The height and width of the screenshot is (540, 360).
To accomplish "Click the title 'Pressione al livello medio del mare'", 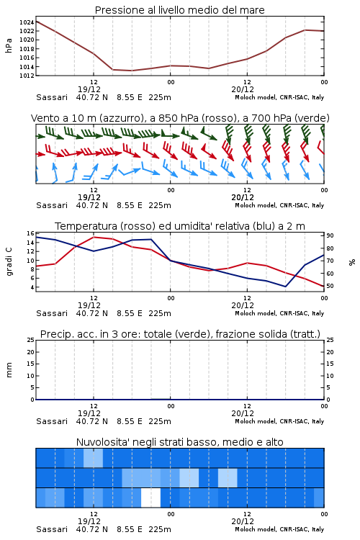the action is point(179,10).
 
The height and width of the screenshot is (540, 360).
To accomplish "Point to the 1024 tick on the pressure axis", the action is point(27,22).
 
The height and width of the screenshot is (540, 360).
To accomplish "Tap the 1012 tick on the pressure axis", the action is point(27,76).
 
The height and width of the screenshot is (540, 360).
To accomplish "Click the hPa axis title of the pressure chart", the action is point(9,45).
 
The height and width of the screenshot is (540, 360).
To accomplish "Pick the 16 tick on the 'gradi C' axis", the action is point(30,233).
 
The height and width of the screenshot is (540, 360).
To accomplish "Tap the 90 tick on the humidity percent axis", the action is point(330,235).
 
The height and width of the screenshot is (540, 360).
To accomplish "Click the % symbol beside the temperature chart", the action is point(352,262).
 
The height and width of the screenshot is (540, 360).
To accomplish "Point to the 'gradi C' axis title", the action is point(9,262).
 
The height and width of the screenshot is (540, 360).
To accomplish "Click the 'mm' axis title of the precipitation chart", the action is point(9,370).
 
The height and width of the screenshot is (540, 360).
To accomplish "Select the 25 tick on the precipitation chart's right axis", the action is point(330,340).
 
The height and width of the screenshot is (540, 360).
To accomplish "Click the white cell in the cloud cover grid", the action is point(151,498).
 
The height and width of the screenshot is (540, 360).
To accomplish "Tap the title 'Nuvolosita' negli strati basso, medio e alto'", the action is point(179,442).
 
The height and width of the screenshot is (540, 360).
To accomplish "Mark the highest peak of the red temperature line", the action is point(94,237).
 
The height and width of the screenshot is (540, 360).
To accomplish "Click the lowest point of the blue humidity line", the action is point(285,287).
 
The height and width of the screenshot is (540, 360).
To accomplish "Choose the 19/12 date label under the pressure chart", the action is point(89,89).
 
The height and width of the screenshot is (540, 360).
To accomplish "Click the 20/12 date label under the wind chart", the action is point(243,198).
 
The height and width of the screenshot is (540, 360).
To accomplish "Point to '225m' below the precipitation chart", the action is point(160,421).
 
